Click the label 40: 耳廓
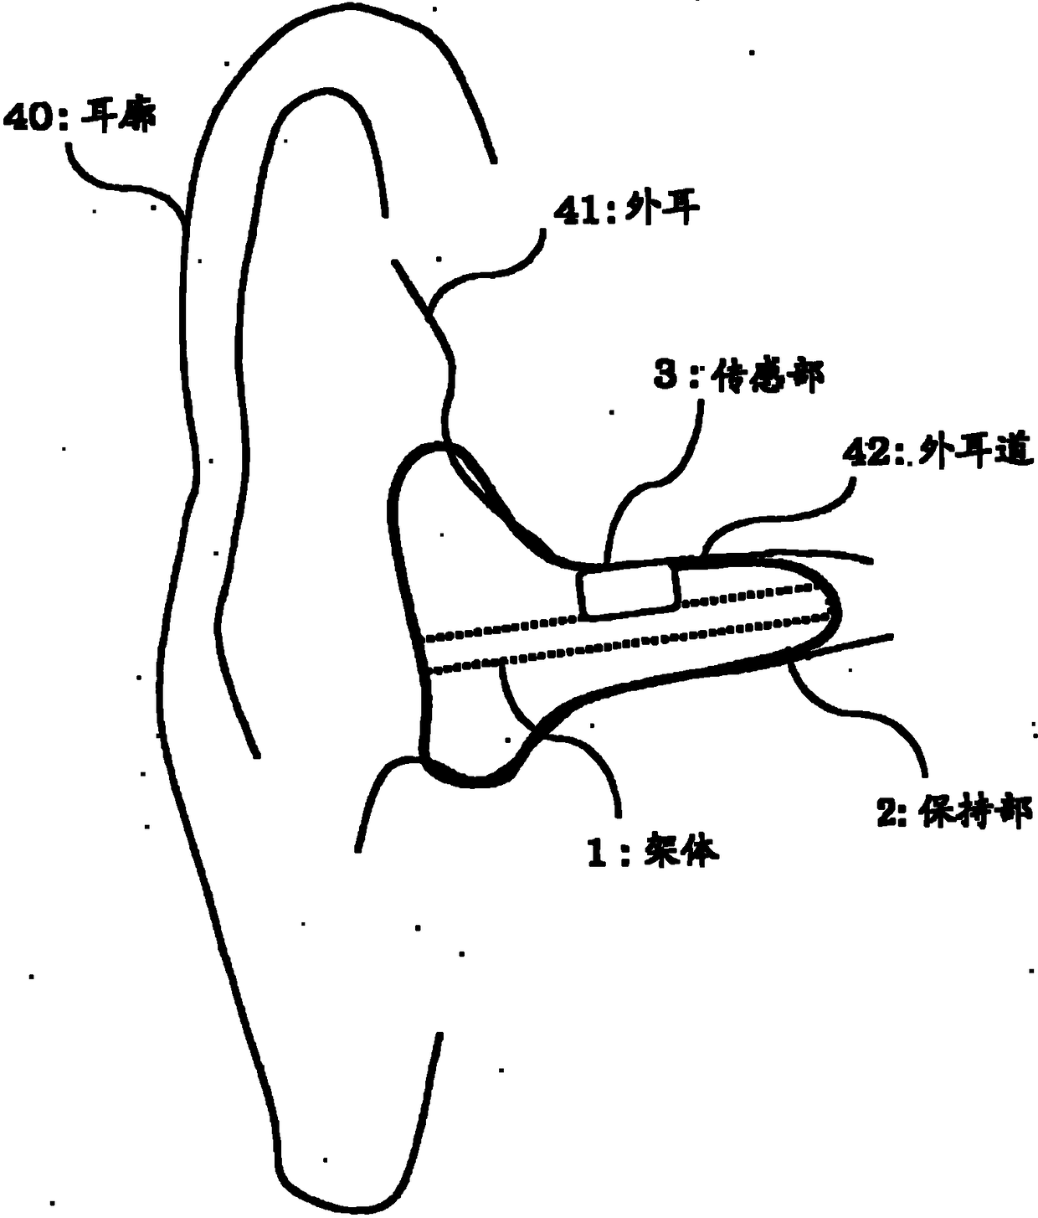(79, 116)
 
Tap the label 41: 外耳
(623, 209)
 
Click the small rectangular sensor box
(628, 590)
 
